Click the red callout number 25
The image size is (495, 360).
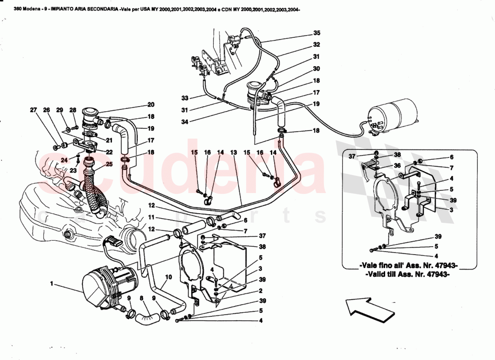tap(108, 164)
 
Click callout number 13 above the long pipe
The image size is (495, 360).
tap(233, 153)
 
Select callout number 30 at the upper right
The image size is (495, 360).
tap(316, 69)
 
